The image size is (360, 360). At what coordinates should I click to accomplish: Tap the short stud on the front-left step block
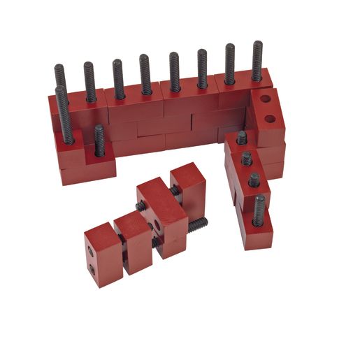pyautogui.click(x=99, y=140)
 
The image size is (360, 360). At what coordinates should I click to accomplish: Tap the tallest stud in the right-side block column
pyautogui.click(x=259, y=209)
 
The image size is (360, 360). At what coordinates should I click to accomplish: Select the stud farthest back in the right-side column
pyautogui.click(x=241, y=137)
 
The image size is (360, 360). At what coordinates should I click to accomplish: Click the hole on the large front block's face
pyautogui.click(x=159, y=226)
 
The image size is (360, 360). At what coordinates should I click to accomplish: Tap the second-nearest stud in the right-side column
pyautogui.click(x=254, y=180)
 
